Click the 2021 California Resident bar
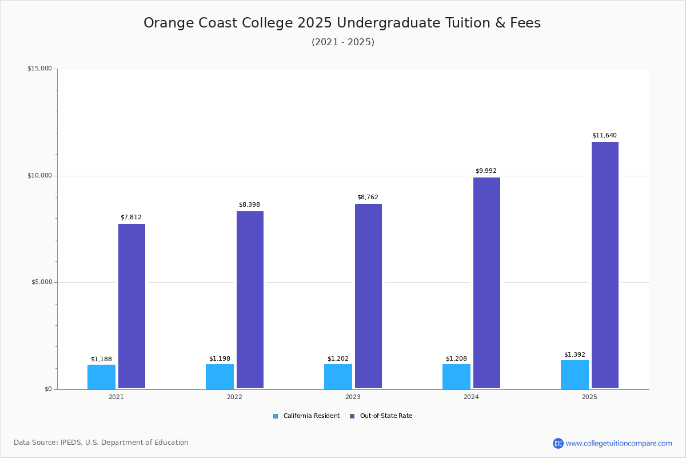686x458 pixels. [101, 377]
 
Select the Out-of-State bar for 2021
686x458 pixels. [131, 306]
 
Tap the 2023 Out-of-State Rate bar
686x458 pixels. [368, 296]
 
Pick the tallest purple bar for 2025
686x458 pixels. [605, 265]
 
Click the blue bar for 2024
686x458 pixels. [456, 376]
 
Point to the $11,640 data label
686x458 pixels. [604, 136]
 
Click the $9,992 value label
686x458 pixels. [486, 171]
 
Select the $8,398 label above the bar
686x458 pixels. [249, 205]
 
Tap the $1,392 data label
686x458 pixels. [575, 355]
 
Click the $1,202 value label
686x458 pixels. [338, 359]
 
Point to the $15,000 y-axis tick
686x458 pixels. [39, 69]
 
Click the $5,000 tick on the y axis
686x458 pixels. [41, 282]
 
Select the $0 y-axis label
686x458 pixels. [47, 389]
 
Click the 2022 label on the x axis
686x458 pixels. [234, 397]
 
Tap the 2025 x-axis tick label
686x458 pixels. [589, 397]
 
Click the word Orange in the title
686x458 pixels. [168, 23]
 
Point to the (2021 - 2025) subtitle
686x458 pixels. [343, 42]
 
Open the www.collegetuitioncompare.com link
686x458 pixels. [619, 443]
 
